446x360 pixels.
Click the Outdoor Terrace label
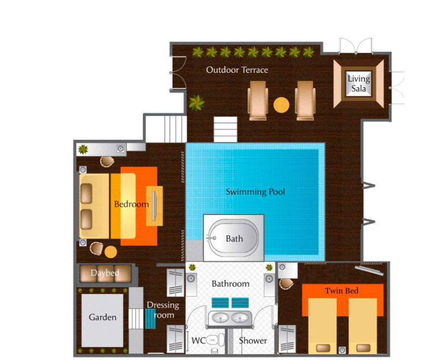pyautogui.click(x=237, y=70)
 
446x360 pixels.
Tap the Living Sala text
pyautogui.click(x=359, y=84)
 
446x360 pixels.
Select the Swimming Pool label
pyautogui.click(x=255, y=192)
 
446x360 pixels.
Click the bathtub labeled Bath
pyautogui.click(x=234, y=238)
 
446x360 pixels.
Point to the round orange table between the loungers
pyautogui.click(x=281, y=105)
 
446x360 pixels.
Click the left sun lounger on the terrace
pyautogui.click(x=257, y=100)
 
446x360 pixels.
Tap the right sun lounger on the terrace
pyautogui.click(x=305, y=100)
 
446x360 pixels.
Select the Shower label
pyautogui.click(x=253, y=341)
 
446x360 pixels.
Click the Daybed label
pyautogui.click(x=105, y=273)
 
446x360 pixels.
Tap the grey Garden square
pyautogui.click(x=103, y=320)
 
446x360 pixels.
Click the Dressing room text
pyautogui.click(x=163, y=310)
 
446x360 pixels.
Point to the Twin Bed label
pyautogui.click(x=342, y=291)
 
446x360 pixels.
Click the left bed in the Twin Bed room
pyautogui.click(x=323, y=326)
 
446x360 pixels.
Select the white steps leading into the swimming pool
pyautogui.click(x=225, y=130)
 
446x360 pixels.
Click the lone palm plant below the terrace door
pyautogui.click(x=196, y=103)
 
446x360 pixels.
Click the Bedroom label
pyautogui.click(x=131, y=204)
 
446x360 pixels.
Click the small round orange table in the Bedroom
pyautogui.click(x=111, y=251)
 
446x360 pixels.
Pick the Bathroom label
pyautogui.click(x=230, y=284)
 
